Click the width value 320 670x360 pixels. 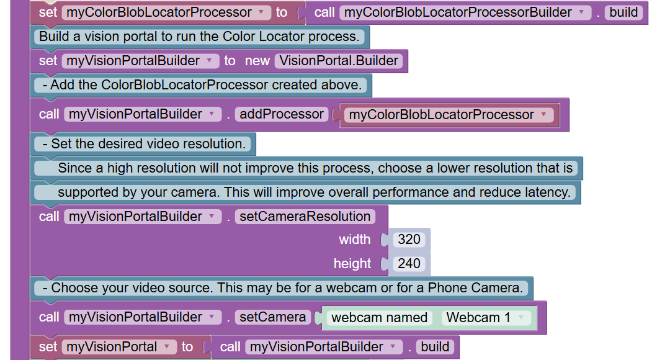coord(409,240)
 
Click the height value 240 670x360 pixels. coord(409,264)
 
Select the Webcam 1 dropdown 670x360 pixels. coord(486,318)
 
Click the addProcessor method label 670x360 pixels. coord(282,114)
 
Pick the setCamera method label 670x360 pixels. coord(273,317)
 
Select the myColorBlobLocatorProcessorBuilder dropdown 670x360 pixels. coord(465,12)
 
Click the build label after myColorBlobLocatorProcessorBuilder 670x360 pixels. coord(623,12)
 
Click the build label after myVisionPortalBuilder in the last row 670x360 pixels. coord(434,347)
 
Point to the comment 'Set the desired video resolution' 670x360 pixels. coord(143,144)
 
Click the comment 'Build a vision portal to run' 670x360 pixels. coord(199,37)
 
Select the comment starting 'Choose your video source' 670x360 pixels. coord(283,288)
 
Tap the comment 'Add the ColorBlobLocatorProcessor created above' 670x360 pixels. coord(201,85)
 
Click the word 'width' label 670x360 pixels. coord(354,240)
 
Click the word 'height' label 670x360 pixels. coord(352,264)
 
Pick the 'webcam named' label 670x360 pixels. coord(379,318)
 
